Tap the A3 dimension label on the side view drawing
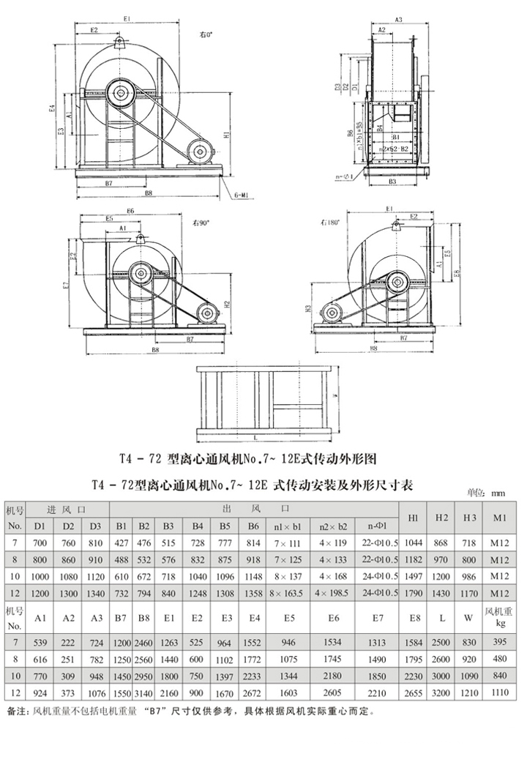point(398,19)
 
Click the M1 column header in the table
point(501,518)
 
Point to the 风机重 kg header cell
point(501,617)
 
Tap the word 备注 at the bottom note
point(15,711)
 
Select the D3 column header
point(94,526)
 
